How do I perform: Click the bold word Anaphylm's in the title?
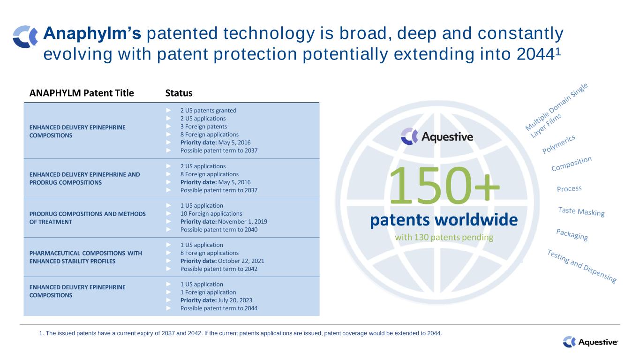tap(92, 33)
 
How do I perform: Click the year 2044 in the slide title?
tap(535, 54)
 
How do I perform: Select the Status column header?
tap(179, 93)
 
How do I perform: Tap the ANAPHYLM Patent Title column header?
tap(82, 93)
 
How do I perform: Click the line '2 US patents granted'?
tap(208, 111)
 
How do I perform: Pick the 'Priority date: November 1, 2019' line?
tap(224, 222)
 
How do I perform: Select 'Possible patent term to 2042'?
tap(219, 269)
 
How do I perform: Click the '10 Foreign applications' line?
tap(211, 214)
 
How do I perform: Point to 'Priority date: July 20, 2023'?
tap(216, 300)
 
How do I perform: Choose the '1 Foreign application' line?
tap(208, 292)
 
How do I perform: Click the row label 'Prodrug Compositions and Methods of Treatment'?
tap(87, 218)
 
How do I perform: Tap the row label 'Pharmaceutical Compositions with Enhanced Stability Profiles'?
tap(86, 257)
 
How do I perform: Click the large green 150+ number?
tap(444, 186)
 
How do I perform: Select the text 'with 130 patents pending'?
tap(444, 238)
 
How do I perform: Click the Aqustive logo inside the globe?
tap(437, 136)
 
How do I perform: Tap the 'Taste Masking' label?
tap(581, 212)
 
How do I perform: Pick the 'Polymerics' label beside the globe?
tap(558, 144)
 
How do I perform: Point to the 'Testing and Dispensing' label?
tap(582, 266)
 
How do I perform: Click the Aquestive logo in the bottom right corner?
tap(590, 342)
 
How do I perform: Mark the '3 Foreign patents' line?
tap(203, 127)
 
